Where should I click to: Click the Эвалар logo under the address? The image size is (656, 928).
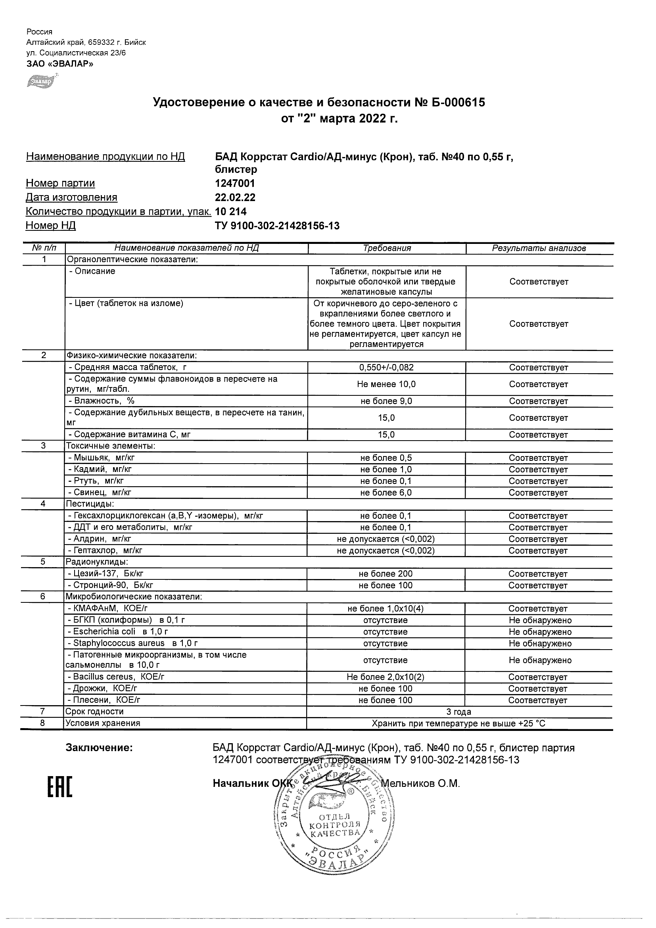point(41,81)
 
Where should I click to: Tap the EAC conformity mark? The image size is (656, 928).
point(60,786)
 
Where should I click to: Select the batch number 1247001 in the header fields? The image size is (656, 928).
point(235,183)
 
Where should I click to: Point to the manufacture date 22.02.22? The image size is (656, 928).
point(235,197)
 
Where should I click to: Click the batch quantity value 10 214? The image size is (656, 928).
point(230,211)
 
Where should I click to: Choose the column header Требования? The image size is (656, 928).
point(386,248)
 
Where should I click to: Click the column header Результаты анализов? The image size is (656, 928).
point(539,248)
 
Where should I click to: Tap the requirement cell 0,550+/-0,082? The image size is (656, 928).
point(386,367)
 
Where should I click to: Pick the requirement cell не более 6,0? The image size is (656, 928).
point(386,492)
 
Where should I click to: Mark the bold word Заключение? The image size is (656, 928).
point(99,748)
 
